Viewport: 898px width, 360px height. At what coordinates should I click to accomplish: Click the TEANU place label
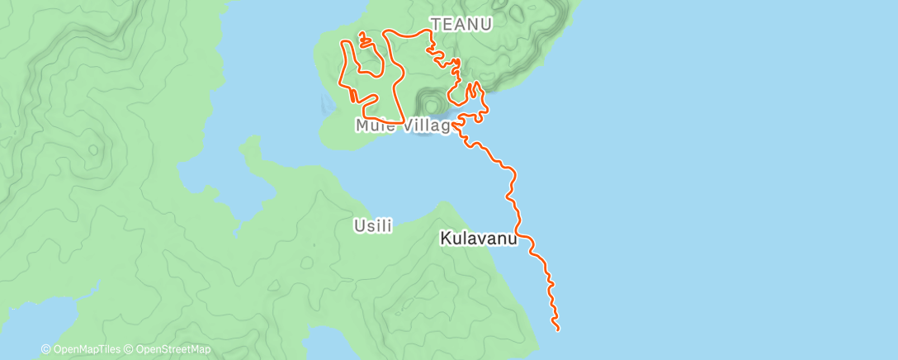[x=461, y=25]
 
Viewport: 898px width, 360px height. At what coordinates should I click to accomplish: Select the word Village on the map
[x=426, y=126]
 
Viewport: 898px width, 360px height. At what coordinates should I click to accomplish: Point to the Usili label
[x=372, y=225]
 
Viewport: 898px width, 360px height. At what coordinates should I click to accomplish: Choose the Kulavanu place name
[x=479, y=239]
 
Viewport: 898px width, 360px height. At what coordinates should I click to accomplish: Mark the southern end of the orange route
[x=559, y=330]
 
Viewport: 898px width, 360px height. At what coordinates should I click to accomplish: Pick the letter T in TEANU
[x=435, y=25]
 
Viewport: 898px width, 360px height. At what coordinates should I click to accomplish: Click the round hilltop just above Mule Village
[x=429, y=104]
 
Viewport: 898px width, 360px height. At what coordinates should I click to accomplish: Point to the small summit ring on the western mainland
[x=94, y=149]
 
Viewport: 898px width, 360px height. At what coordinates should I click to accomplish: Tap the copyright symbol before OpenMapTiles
[x=45, y=350]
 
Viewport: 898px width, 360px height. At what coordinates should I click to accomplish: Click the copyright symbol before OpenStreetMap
[x=130, y=350]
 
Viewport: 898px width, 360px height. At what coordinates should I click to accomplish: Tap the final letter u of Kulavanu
[x=512, y=239]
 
